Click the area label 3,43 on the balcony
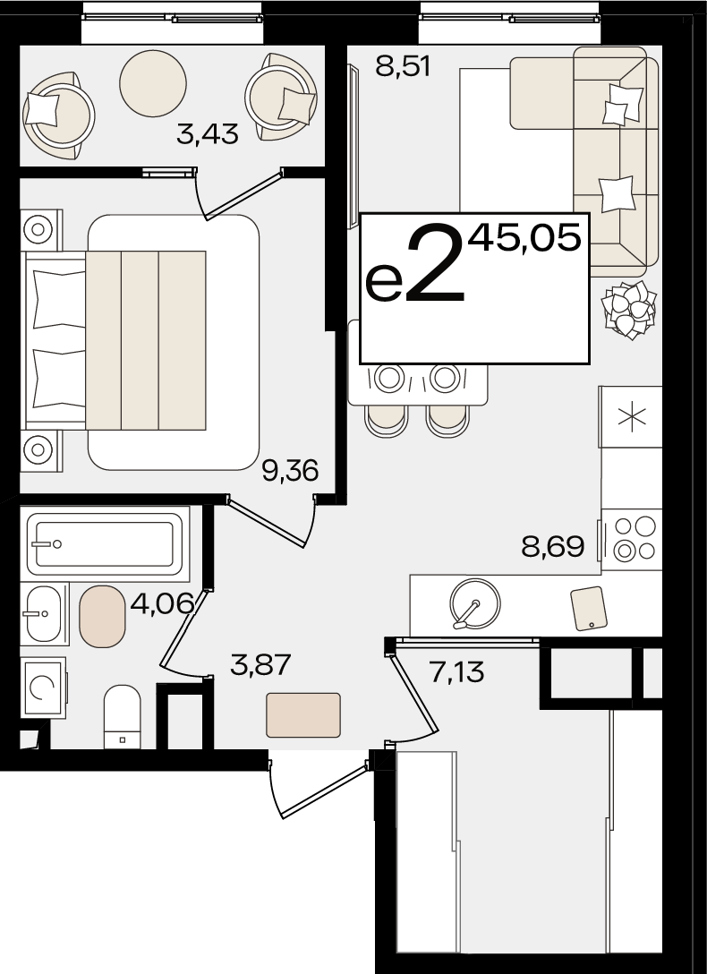pos(208,134)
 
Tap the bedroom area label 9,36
pos(290,471)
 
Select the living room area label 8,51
pos(403,66)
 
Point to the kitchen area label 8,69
pos(553,547)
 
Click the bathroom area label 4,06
pos(163,603)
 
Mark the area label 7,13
pos(456,671)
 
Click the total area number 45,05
pos(524,238)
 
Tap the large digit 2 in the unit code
pos(435,263)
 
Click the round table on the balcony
pos(153,83)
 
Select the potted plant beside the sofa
pos(629,309)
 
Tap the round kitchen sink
pos(475,603)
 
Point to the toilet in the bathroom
pos(123,717)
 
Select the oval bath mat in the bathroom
pos(102,616)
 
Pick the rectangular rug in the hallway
pos(303,715)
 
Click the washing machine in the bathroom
pos(43,687)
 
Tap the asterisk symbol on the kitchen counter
pos(632,417)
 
